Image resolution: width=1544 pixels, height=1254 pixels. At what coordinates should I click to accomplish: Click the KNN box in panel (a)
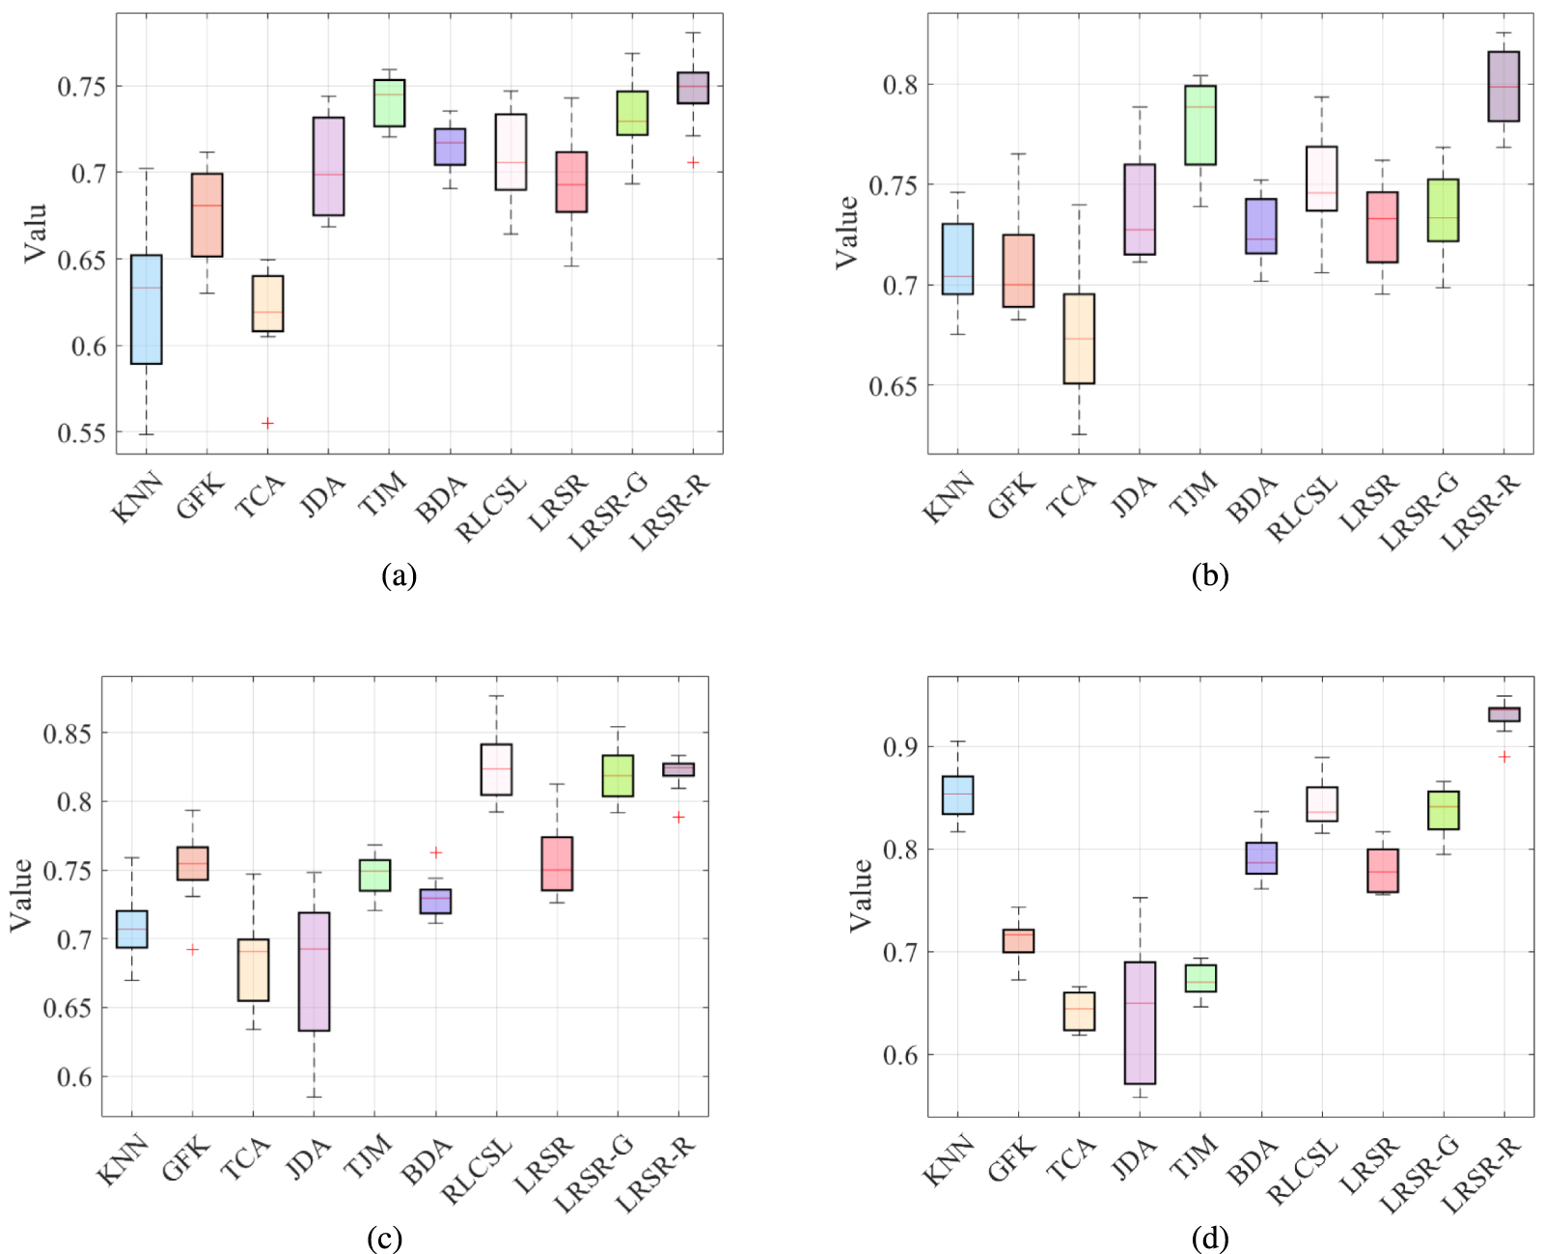point(147,309)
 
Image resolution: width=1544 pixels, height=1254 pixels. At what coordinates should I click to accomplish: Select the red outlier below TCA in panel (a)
point(267,423)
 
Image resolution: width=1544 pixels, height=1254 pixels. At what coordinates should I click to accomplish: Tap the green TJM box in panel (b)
point(1200,125)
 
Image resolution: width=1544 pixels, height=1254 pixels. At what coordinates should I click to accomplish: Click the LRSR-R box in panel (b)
point(1503,86)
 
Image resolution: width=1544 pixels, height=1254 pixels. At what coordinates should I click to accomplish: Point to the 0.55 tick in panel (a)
point(81,433)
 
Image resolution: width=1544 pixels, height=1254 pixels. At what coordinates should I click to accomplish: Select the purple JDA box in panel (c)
point(314,971)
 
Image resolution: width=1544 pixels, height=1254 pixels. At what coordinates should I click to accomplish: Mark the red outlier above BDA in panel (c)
point(436,852)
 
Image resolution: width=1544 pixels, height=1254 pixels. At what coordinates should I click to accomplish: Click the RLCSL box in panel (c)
point(496,769)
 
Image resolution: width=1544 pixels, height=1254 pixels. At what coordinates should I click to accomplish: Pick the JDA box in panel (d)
point(1140,1022)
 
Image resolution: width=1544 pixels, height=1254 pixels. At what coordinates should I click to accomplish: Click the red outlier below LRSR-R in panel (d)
point(1503,757)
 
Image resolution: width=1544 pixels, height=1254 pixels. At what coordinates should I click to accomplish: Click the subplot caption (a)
point(399,576)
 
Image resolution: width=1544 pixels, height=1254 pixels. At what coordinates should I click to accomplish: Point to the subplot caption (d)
point(1209,1239)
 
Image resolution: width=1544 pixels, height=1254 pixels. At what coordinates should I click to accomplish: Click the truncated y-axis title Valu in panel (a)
point(35,233)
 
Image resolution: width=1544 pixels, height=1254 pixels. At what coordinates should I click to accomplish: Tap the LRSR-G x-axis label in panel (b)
point(1419,513)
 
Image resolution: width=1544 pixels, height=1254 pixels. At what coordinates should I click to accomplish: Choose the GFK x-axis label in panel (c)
point(186,1158)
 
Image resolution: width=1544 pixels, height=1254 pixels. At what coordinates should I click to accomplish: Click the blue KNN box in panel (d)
point(957,795)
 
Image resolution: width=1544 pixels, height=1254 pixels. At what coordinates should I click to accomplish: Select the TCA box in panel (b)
point(1079,339)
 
